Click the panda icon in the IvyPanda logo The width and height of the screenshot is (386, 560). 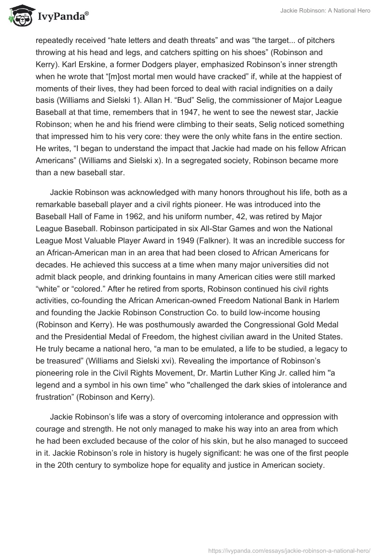pyautogui.click(x=18, y=16)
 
